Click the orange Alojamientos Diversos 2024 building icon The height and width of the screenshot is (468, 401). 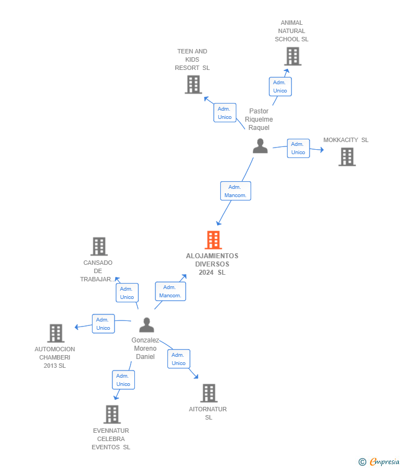pyautogui.click(x=213, y=240)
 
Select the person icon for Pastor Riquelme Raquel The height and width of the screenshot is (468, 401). pyautogui.click(x=260, y=146)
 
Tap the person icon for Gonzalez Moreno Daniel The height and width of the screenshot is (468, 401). pyautogui.click(x=147, y=325)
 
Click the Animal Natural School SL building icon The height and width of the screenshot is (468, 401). pyautogui.click(x=292, y=56)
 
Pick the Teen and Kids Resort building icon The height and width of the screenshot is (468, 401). pyautogui.click(x=193, y=85)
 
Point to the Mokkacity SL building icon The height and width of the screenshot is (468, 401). pyautogui.click(x=346, y=157)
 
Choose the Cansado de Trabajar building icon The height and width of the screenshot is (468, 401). pyautogui.click(x=99, y=247)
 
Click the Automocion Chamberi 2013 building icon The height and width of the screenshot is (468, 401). pyautogui.click(x=56, y=333)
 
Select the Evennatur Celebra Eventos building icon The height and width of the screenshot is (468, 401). pyautogui.click(x=112, y=414)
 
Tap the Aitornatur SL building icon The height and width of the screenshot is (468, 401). pyautogui.click(x=208, y=393)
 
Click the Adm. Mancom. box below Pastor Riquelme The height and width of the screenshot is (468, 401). pyautogui.click(x=235, y=191)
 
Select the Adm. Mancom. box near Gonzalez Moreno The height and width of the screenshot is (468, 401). pyautogui.click(x=170, y=291)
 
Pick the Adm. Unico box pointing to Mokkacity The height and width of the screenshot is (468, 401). pyautogui.click(x=298, y=148)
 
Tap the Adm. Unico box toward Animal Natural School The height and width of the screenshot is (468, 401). pyautogui.click(x=280, y=86)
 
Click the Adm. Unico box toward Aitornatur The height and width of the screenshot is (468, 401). pyautogui.click(x=178, y=359)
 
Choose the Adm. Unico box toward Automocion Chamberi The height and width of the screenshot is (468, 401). pyautogui.click(x=103, y=324)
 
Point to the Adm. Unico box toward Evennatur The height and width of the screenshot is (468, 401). pyautogui.click(x=123, y=380)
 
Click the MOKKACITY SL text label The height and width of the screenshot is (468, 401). pyautogui.click(x=346, y=140)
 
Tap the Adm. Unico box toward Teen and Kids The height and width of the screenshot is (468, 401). pyautogui.click(x=225, y=113)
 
